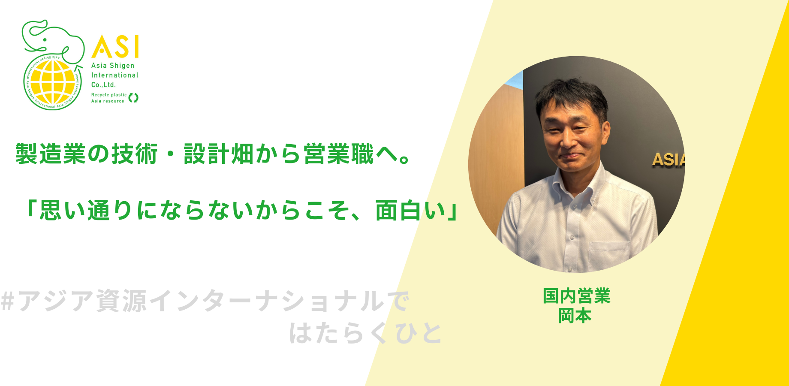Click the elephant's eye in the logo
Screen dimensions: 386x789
[x=45, y=40]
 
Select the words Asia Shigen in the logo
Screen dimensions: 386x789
[x=113, y=66]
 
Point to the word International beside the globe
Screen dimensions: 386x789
[x=115, y=75]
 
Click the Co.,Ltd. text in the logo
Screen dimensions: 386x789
[x=103, y=85]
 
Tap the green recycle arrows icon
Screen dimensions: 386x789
[x=133, y=98]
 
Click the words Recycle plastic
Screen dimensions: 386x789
[x=109, y=95]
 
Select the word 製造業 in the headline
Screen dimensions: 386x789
[x=51, y=154]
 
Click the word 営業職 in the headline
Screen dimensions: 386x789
[x=339, y=154]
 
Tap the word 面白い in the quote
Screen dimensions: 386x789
[x=410, y=211]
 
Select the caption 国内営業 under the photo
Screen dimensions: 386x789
[x=576, y=296]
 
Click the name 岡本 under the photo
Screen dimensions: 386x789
[x=575, y=316]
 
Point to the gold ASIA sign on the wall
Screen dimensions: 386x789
[x=669, y=160]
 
